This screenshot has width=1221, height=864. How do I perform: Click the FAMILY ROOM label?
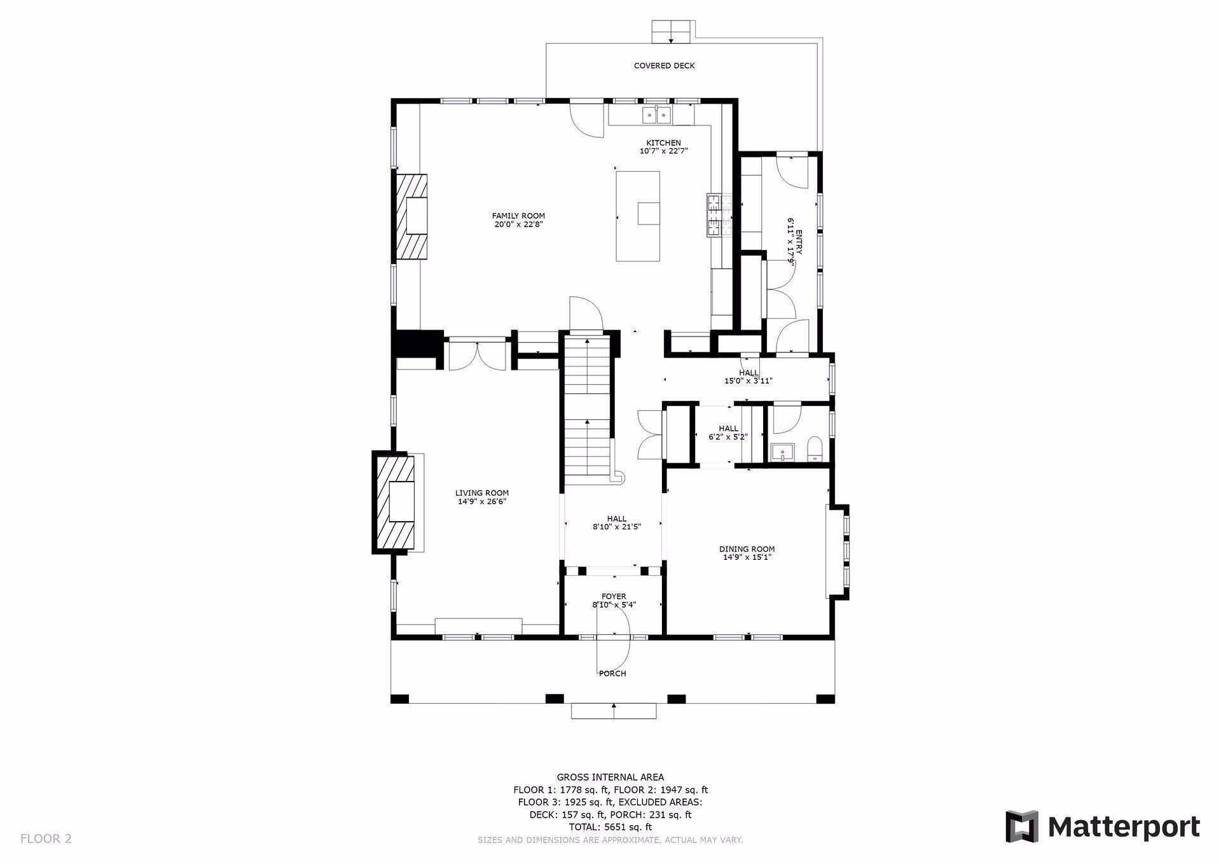click(x=518, y=216)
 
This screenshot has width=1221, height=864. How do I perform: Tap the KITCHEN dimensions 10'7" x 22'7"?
click(x=663, y=151)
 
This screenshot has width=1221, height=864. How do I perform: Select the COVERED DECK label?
click(x=664, y=66)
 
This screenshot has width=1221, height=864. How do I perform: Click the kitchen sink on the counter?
click(x=656, y=115)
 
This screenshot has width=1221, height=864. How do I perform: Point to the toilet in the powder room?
click(x=814, y=449)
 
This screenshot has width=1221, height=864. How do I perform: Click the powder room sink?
click(x=782, y=452)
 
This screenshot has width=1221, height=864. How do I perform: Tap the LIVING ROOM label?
click(x=482, y=492)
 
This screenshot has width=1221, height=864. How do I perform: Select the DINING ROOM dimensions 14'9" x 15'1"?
click(x=747, y=557)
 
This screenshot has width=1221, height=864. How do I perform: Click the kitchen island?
click(x=637, y=216)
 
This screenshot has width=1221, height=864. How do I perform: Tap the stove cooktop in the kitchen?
click(x=720, y=215)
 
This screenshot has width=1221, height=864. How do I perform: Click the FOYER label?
click(x=614, y=596)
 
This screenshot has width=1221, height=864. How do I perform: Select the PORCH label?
click(x=613, y=673)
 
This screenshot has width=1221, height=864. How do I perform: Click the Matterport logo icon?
click(x=1021, y=826)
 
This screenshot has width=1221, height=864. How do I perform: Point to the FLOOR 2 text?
click(x=46, y=839)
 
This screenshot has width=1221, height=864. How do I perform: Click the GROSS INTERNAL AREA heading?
click(x=610, y=777)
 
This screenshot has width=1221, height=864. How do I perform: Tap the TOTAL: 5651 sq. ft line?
click(x=610, y=827)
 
